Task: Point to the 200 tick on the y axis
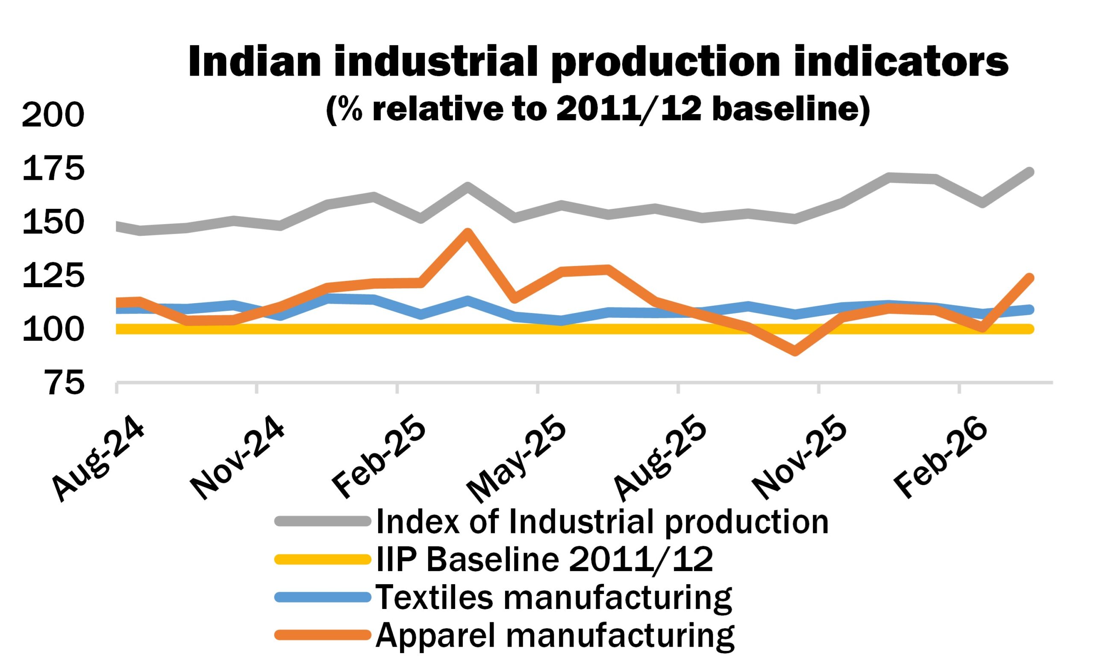tap(53, 115)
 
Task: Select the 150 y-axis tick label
tap(53, 223)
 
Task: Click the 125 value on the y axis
tap(53, 276)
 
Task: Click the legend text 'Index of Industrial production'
tap(601, 522)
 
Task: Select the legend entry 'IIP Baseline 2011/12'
tap(544, 559)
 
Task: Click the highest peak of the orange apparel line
tap(468, 232)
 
